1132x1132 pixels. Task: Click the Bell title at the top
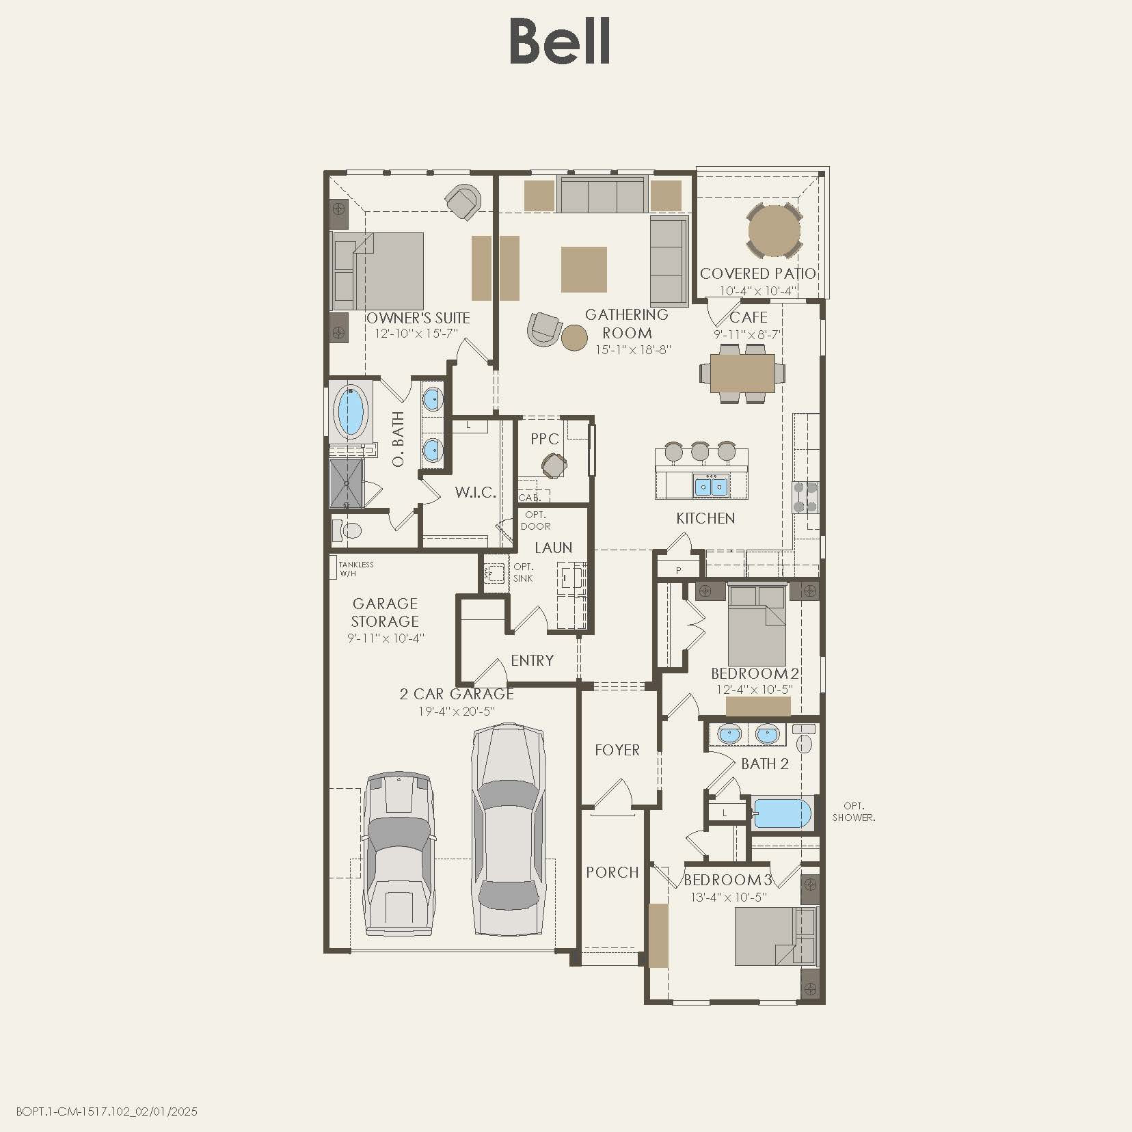(560, 42)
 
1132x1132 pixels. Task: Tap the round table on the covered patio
(774, 231)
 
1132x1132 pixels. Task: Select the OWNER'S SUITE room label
(418, 318)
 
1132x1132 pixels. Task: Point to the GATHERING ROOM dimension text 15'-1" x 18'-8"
(633, 350)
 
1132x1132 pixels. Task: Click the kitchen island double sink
(712, 487)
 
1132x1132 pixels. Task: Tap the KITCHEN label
(705, 518)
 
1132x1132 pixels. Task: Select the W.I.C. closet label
(475, 492)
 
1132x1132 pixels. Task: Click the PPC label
(545, 439)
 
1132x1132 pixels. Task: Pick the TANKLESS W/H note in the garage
(356, 569)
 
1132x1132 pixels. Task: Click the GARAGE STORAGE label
(385, 612)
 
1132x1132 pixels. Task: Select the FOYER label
(617, 750)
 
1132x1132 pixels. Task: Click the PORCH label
(612, 872)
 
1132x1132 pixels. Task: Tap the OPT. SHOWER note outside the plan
(854, 811)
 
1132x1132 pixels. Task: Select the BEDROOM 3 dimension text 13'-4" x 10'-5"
(729, 897)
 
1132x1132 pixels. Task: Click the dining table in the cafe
(742, 373)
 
